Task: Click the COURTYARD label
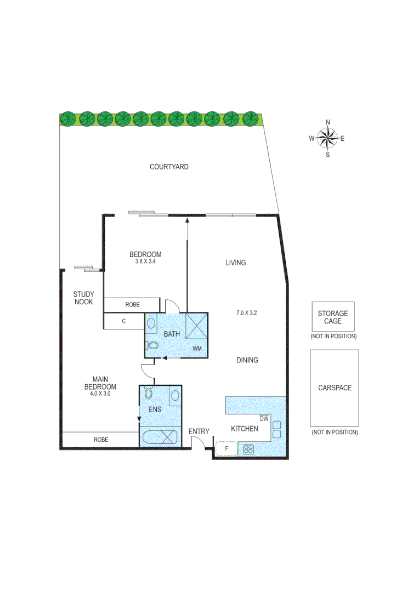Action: (x=169, y=167)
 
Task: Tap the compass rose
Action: (x=327, y=138)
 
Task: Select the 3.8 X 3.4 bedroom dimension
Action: (x=145, y=261)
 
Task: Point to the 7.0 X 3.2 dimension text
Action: (x=246, y=313)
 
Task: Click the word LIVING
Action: (x=235, y=263)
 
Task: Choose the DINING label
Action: (x=247, y=360)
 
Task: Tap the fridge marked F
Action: (x=226, y=449)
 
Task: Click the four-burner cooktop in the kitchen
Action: (x=248, y=449)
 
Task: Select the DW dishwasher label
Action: (x=264, y=418)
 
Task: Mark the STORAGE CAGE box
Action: (x=333, y=317)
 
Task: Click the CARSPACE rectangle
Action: (x=335, y=388)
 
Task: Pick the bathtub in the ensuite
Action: (x=160, y=437)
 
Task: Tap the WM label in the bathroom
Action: (x=197, y=349)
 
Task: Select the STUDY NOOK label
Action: (x=83, y=298)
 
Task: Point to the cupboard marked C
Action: (x=124, y=322)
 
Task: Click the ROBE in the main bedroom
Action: (x=100, y=440)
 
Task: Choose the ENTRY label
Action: (x=199, y=431)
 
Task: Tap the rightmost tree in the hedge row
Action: (x=251, y=118)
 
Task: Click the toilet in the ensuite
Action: (x=148, y=394)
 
